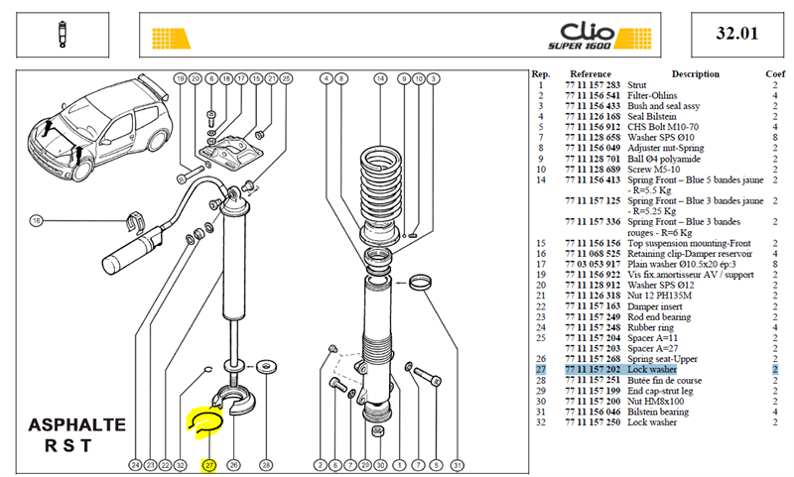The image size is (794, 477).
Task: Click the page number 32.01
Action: coord(736,34)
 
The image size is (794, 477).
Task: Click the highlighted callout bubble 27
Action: coord(209,465)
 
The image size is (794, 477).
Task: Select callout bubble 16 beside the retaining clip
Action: coord(36,220)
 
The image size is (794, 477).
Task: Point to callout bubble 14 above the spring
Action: coord(380,78)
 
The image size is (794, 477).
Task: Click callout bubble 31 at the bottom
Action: coord(458,465)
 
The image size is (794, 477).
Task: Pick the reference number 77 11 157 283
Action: coord(593,85)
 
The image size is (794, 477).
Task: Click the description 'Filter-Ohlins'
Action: coord(652,95)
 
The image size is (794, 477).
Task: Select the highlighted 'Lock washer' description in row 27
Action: coord(652,370)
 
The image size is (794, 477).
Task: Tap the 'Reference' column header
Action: coord(591,73)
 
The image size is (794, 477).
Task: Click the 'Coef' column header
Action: coord(775,73)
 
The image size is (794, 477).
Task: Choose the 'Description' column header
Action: coord(696,73)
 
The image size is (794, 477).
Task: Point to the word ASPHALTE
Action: coord(77,424)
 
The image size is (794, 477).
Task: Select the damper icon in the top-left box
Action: coord(63,35)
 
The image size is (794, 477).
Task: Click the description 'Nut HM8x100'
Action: coord(655,402)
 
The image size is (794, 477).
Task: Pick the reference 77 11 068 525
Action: coord(593,254)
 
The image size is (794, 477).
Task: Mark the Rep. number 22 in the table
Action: coord(541,306)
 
